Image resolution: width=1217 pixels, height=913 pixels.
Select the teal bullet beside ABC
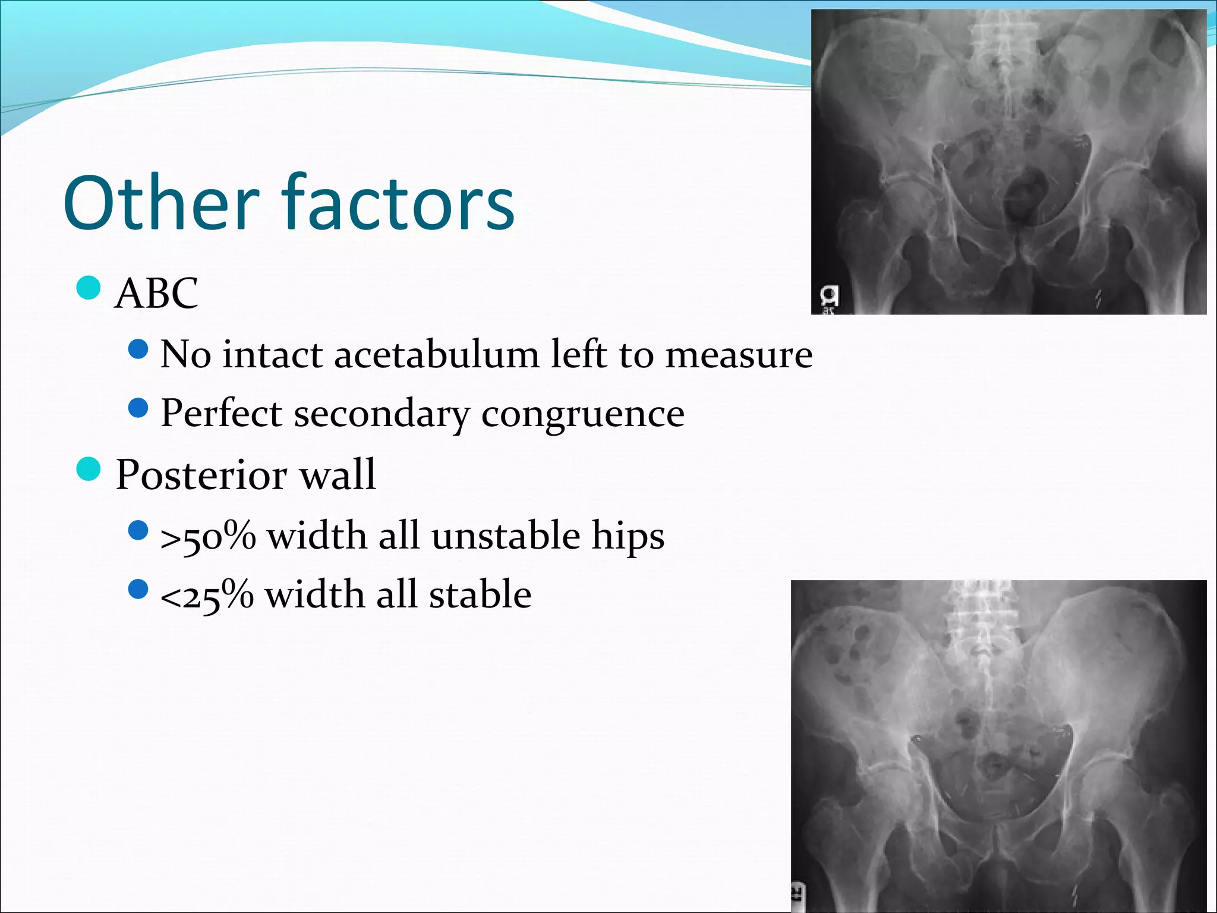[89, 288]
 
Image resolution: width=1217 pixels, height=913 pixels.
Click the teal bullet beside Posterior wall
[89, 470]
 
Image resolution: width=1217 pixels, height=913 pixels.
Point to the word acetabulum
[437, 354]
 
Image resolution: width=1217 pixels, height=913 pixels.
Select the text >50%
[208, 536]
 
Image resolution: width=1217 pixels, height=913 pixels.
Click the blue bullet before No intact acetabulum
[138, 350]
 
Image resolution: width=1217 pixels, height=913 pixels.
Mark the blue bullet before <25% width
[138, 590]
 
